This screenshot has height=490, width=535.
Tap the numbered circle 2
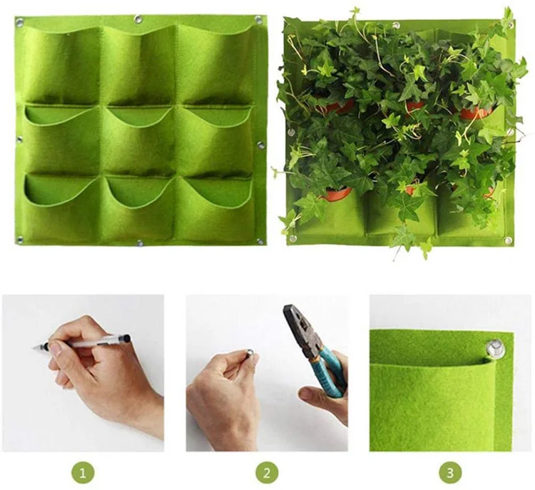(x=267, y=471)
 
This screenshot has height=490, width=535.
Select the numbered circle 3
(x=449, y=471)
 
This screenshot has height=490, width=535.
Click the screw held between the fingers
(x=251, y=352)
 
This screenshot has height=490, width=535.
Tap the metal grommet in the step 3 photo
(x=492, y=348)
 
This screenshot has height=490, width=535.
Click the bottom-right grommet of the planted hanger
(x=508, y=240)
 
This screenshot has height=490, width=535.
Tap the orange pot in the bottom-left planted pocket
(x=337, y=194)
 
